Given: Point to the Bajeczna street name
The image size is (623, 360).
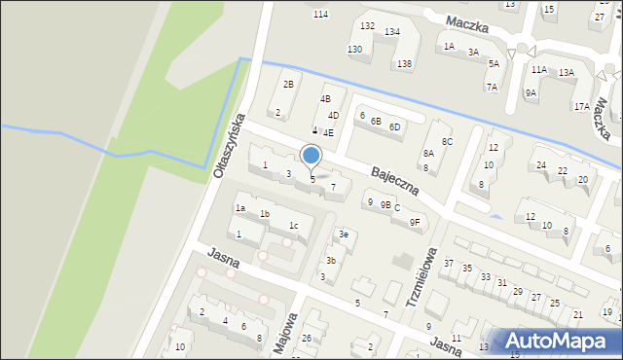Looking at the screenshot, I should pos(394,180).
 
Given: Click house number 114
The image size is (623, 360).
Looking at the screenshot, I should pos(321,14).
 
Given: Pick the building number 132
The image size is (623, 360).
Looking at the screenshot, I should pos(367,26).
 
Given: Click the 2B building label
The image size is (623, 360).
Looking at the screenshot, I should pos(287,84).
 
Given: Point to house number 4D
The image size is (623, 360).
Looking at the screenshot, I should pos(333,116).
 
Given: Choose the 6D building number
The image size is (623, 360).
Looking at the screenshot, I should pos(394,126).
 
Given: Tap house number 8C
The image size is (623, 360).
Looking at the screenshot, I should pos(447,142).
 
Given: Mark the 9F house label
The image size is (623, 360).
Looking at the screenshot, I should pos(414,222).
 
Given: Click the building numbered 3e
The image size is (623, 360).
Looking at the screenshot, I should pos(343,234).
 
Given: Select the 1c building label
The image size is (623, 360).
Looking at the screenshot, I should pos(293,226).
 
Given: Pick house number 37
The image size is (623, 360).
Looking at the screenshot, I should pos(449,264).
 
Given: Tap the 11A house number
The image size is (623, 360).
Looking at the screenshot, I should pos(538,70).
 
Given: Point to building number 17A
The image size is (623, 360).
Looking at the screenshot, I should pos(581,106).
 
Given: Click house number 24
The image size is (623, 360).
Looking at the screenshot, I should pos(541,165).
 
